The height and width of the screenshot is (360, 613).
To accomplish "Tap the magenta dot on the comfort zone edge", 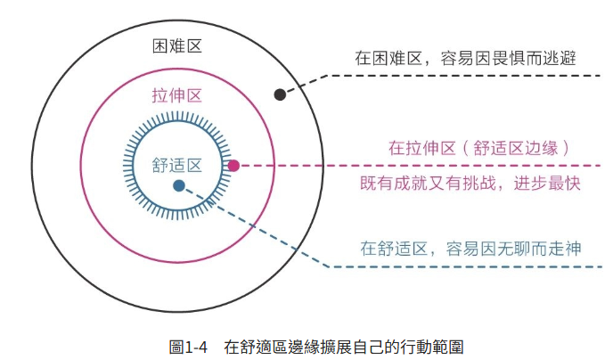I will [x=233, y=166].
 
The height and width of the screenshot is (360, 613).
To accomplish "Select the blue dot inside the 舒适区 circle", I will [x=179, y=185].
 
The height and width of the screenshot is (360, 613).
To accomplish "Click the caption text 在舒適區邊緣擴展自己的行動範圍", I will [x=344, y=346].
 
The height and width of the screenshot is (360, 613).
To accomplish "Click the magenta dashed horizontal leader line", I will [x=419, y=166].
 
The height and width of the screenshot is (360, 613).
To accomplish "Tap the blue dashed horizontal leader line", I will [x=463, y=266].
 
